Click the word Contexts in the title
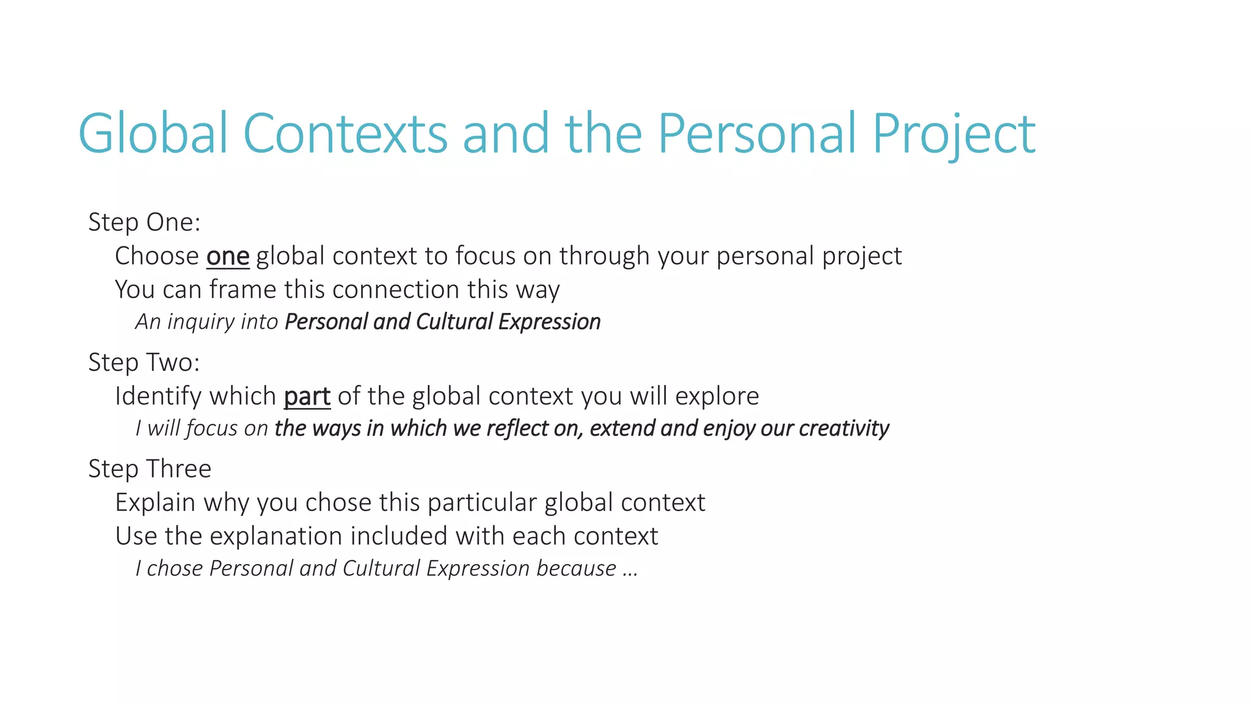[x=345, y=133]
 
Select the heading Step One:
[x=144, y=222]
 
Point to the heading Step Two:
[x=144, y=362]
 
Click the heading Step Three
[x=150, y=469]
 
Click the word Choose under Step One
[x=157, y=256]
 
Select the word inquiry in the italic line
[x=201, y=322]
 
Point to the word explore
[x=717, y=397]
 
